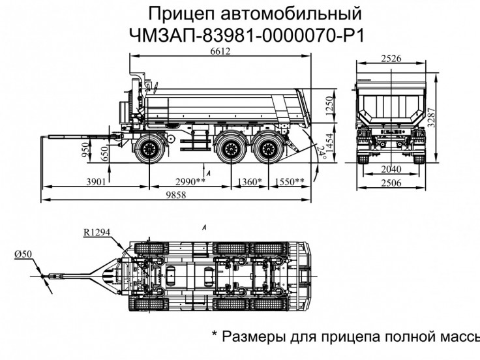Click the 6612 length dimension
click(x=219, y=52)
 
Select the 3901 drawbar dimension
click(x=95, y=181)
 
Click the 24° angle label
click(x=320, y=152)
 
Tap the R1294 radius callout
click(x=96, y=232)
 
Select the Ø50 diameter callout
click(x=24, y=253)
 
